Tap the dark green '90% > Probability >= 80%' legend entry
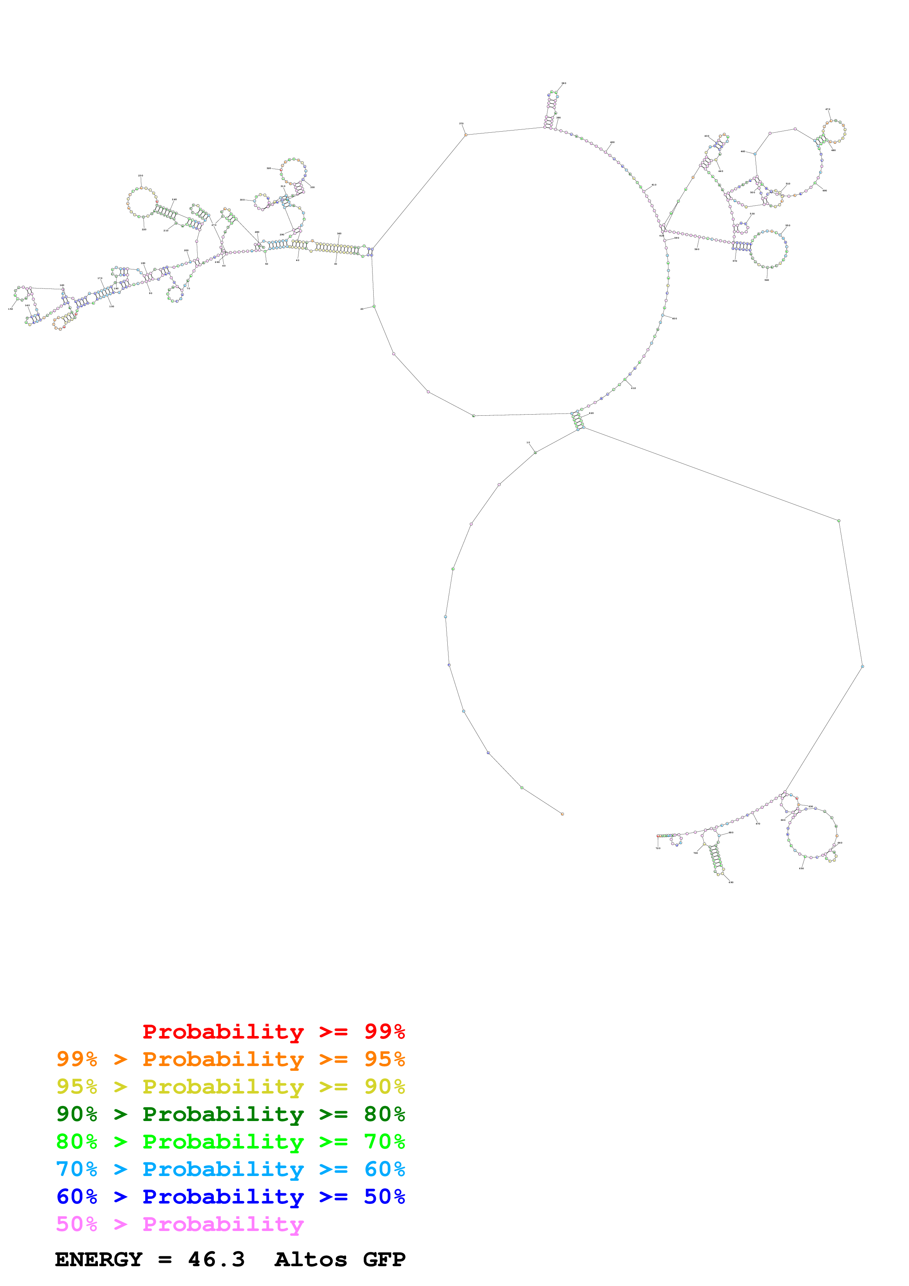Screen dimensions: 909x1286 pyautogui.click(x=230, y=1114)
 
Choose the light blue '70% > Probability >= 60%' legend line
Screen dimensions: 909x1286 pyautogui.click(x=230, y=1169)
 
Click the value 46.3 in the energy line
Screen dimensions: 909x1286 pyautogui.click(x=216, y=1260)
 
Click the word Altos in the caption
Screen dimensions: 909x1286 pyautogui.click(x=310, y=1260)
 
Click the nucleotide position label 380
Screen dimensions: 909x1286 pyautogui.click(x=564, y=83)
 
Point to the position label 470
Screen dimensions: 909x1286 pyautogui.click(x=828, y=109)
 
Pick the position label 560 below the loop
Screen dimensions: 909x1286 pyautogui.click(x=767, y=280)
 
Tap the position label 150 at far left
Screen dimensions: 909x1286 pyautogui.click(x=10, y=309)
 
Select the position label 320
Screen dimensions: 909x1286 pyautogui.click(x=268, y=168)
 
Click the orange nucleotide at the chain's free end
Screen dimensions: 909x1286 pyautogui.click(x=562, y=814)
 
